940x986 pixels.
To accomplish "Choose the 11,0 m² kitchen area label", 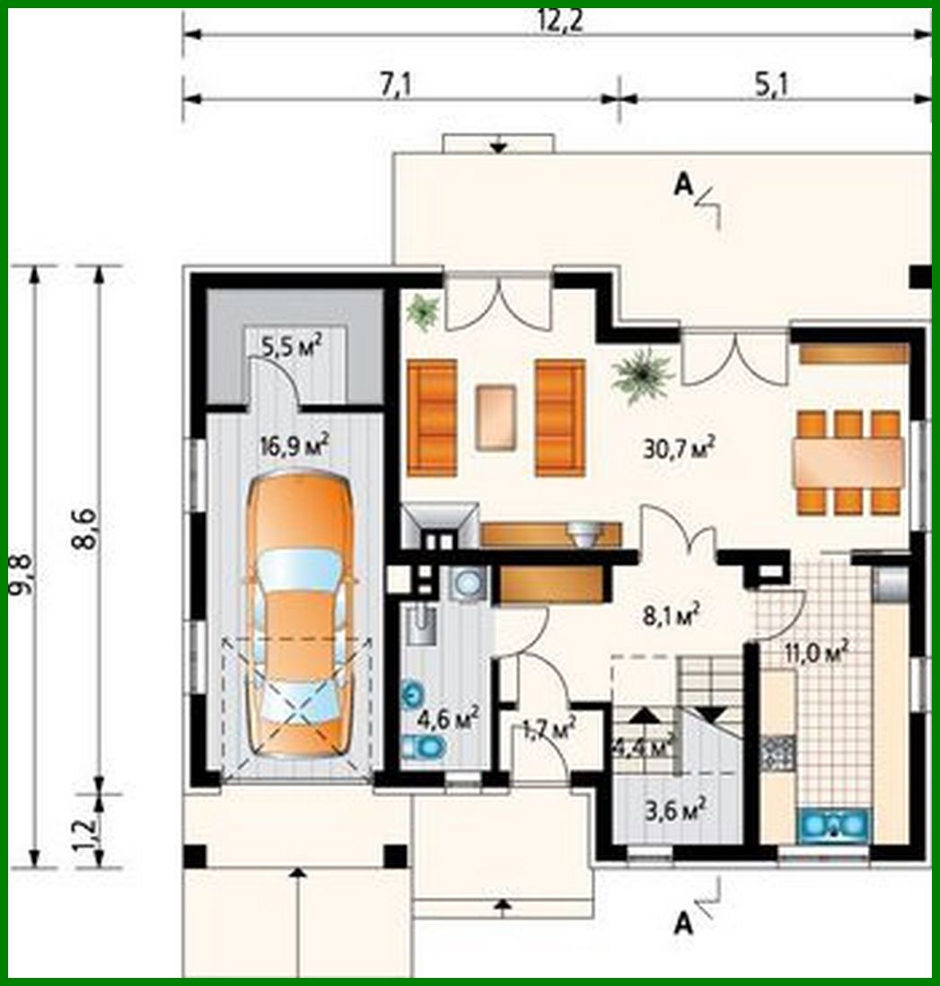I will coord(816,652).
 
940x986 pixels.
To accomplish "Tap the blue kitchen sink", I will coord(834,823).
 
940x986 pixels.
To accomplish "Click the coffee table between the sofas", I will coord(496,417).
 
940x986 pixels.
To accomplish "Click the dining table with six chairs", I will coord(848,462).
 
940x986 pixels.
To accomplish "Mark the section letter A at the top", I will coord(684,185).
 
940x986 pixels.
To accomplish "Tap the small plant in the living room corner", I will coord(422,312).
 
